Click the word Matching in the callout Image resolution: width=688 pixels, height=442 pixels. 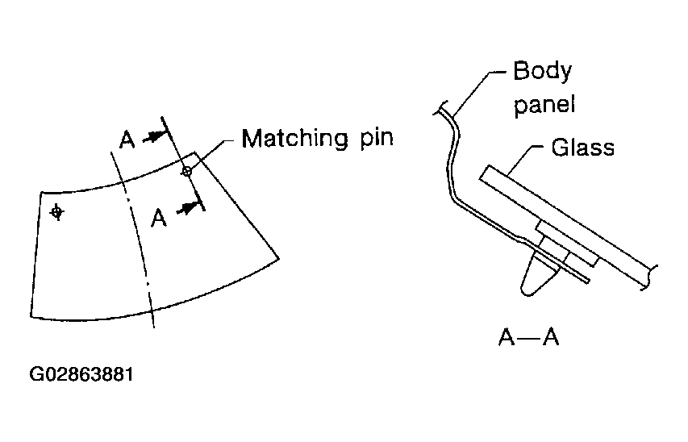click(x=294, y=138)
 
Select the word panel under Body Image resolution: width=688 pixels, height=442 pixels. click(x=546, y=104)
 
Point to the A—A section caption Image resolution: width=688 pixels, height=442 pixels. click(x=529, y=337)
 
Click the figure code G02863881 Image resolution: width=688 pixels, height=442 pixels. click(x=81, y=376)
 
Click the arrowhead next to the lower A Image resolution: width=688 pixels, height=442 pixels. click(x=189, y=207)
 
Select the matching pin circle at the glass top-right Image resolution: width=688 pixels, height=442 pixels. click(x=187, y=171)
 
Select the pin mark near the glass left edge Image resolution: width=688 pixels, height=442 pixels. click(x=56, y=212)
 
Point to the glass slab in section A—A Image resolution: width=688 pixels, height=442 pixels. click(x=565, y=219)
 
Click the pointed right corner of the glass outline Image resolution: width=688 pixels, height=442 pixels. click(x=280, y=257)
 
